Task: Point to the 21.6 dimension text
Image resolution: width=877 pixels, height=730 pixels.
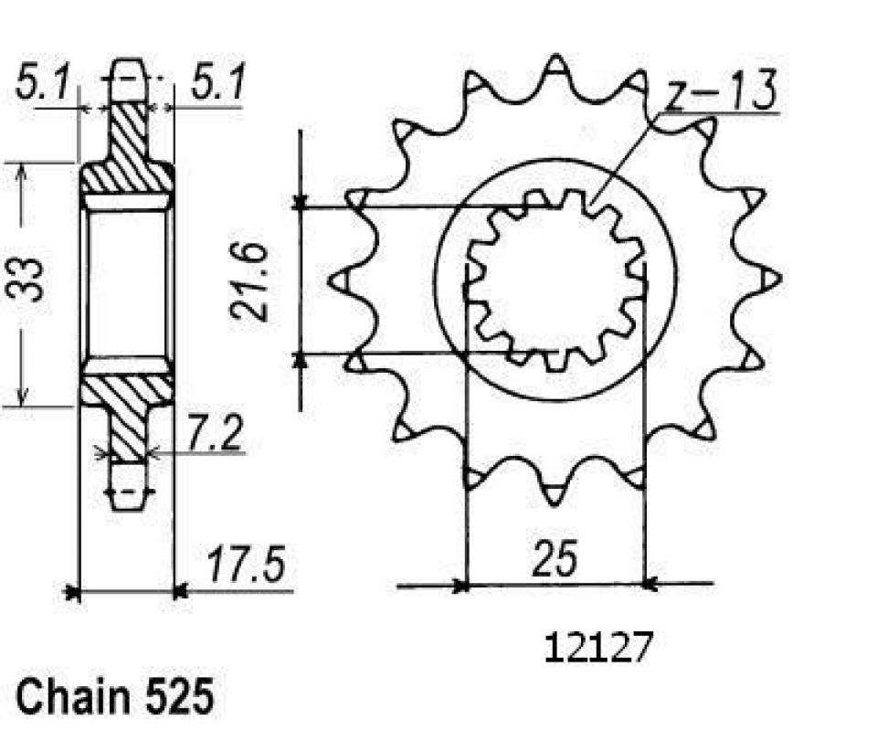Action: pyautogui.click(x=249, y=281)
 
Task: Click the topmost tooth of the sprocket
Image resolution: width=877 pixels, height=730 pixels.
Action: pyautogui.click(x=555, y=69)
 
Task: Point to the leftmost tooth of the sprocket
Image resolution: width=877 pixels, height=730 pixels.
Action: pyautogui.click(x=336, y=277)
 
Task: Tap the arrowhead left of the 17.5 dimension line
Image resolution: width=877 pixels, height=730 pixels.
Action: pyautogui.click(x=74, y=593)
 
